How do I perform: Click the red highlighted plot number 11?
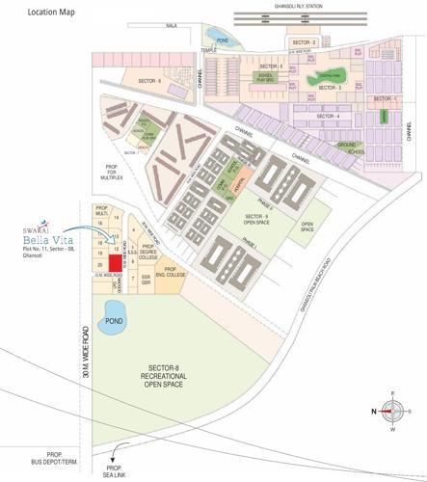115,262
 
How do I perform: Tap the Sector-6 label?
147,82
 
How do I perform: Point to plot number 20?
100,264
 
